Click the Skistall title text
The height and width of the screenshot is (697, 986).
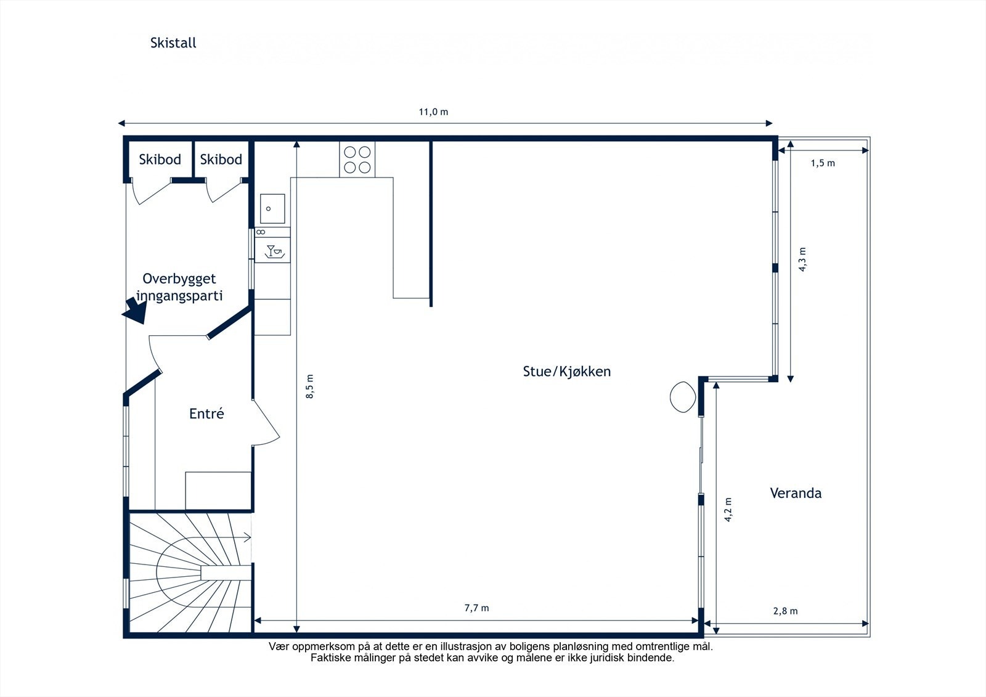[x=173, y=43]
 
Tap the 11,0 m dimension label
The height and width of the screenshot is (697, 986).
[x=433, y=112]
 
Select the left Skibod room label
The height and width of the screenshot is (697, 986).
[x=160, y=160]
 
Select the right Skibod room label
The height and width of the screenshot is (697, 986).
[x=221, y=160]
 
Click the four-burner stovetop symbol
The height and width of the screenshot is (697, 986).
[x=357, y=160]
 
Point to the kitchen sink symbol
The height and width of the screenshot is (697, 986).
[x=272, y=209]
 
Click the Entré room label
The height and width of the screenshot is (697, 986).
[x=206, y=414]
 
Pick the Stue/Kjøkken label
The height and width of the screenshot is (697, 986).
[x=566, y=372]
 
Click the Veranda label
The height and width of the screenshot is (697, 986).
[x=796, y=493]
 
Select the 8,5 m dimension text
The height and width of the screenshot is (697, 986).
[x=310, y=386]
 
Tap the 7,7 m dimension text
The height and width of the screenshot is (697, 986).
[x=476, y=608]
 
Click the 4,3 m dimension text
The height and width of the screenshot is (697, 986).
[x=802, y=259]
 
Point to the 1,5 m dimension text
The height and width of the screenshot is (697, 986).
[x=823, y=163]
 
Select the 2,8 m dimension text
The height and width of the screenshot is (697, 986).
[x=785, y=611]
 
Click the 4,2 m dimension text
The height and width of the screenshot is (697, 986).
[x=728, y=510]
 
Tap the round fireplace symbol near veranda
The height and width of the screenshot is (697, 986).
[x=683, y=397]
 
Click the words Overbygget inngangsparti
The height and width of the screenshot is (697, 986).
[x=179, y=287]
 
